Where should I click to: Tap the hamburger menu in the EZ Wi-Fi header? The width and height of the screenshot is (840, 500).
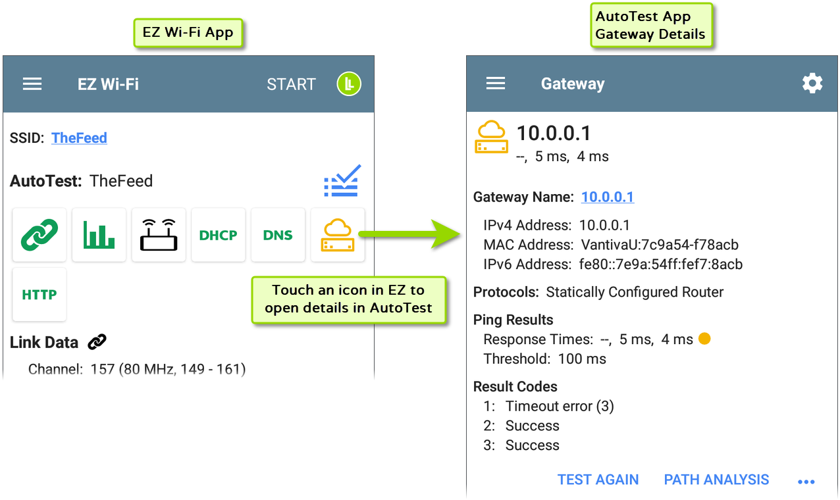click(x=32, y=84)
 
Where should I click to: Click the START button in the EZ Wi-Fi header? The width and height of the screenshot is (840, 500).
click(x=291, y=84)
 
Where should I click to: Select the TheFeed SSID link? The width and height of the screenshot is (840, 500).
click(x=79, y=138)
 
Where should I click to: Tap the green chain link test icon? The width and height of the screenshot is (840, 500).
click(x=39, y=235)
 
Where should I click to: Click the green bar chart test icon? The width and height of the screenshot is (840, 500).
click(x=99, y=235)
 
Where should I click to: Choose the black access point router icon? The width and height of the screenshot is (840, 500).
click(x=159, y=235)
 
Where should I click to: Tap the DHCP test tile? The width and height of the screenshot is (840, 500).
click(x=218, y=235)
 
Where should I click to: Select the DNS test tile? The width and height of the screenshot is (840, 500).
click(x=278, y=235)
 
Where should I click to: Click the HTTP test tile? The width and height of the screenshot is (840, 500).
click(x=39, y=295)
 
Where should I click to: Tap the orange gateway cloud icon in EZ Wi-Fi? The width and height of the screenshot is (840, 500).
click(x=337, y=235)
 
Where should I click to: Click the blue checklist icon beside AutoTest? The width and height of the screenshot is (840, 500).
click(x=342, y=181)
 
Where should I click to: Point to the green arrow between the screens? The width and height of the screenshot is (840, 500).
click(x=415, y=234)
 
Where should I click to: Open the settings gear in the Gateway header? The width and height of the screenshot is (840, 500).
click(x=812, y=84)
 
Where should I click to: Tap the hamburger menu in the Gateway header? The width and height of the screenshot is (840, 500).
click(x=496, y=84)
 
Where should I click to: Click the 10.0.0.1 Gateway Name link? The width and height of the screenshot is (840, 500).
click(x=608, y=197)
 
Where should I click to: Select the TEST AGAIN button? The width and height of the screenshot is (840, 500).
click(x=598, y=480)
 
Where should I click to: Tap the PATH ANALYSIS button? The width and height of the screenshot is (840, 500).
click(x=716, y=480)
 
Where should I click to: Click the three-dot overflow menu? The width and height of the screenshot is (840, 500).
click(x=806, y=482)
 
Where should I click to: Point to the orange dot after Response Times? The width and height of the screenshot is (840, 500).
click(x=704, y=339)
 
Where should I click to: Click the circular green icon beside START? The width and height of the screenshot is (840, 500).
click(x=349, y=84)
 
